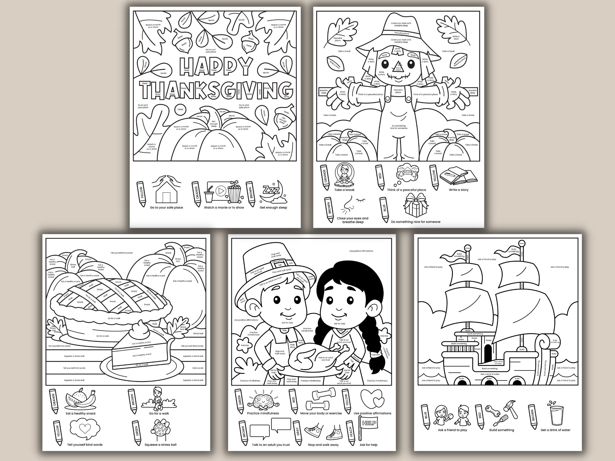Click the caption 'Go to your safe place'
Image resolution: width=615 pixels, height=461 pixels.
point(166,208)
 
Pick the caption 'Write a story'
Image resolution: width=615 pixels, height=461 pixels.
point(459,190)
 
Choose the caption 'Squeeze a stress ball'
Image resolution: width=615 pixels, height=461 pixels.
point(160,445)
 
